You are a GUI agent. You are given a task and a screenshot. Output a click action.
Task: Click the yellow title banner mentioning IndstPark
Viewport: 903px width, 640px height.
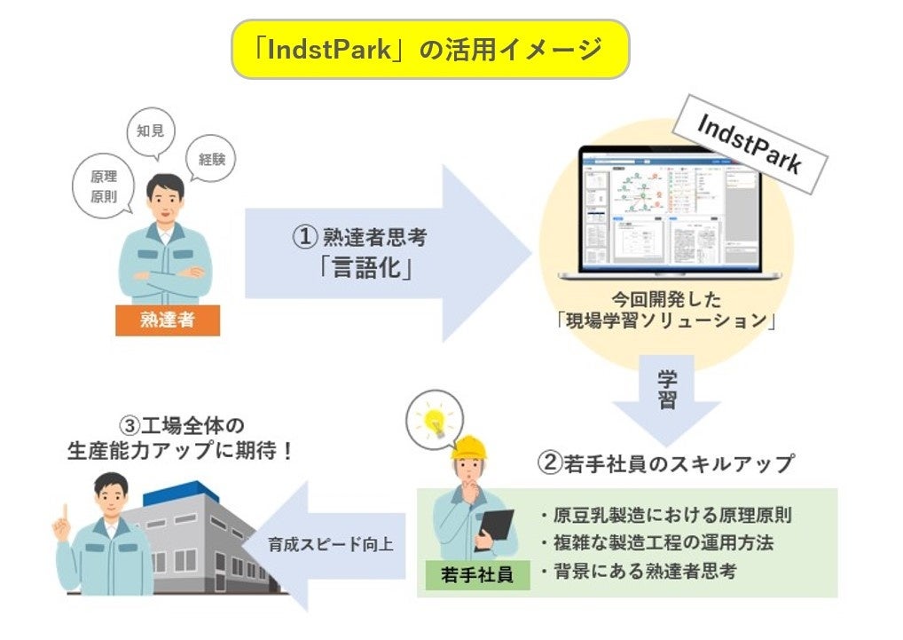430,50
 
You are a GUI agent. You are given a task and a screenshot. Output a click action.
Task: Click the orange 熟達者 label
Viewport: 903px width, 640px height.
167,320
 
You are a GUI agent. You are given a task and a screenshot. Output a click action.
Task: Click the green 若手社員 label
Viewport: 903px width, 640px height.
477,574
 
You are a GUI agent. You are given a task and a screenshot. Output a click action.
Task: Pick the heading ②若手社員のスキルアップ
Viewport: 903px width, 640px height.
665,462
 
